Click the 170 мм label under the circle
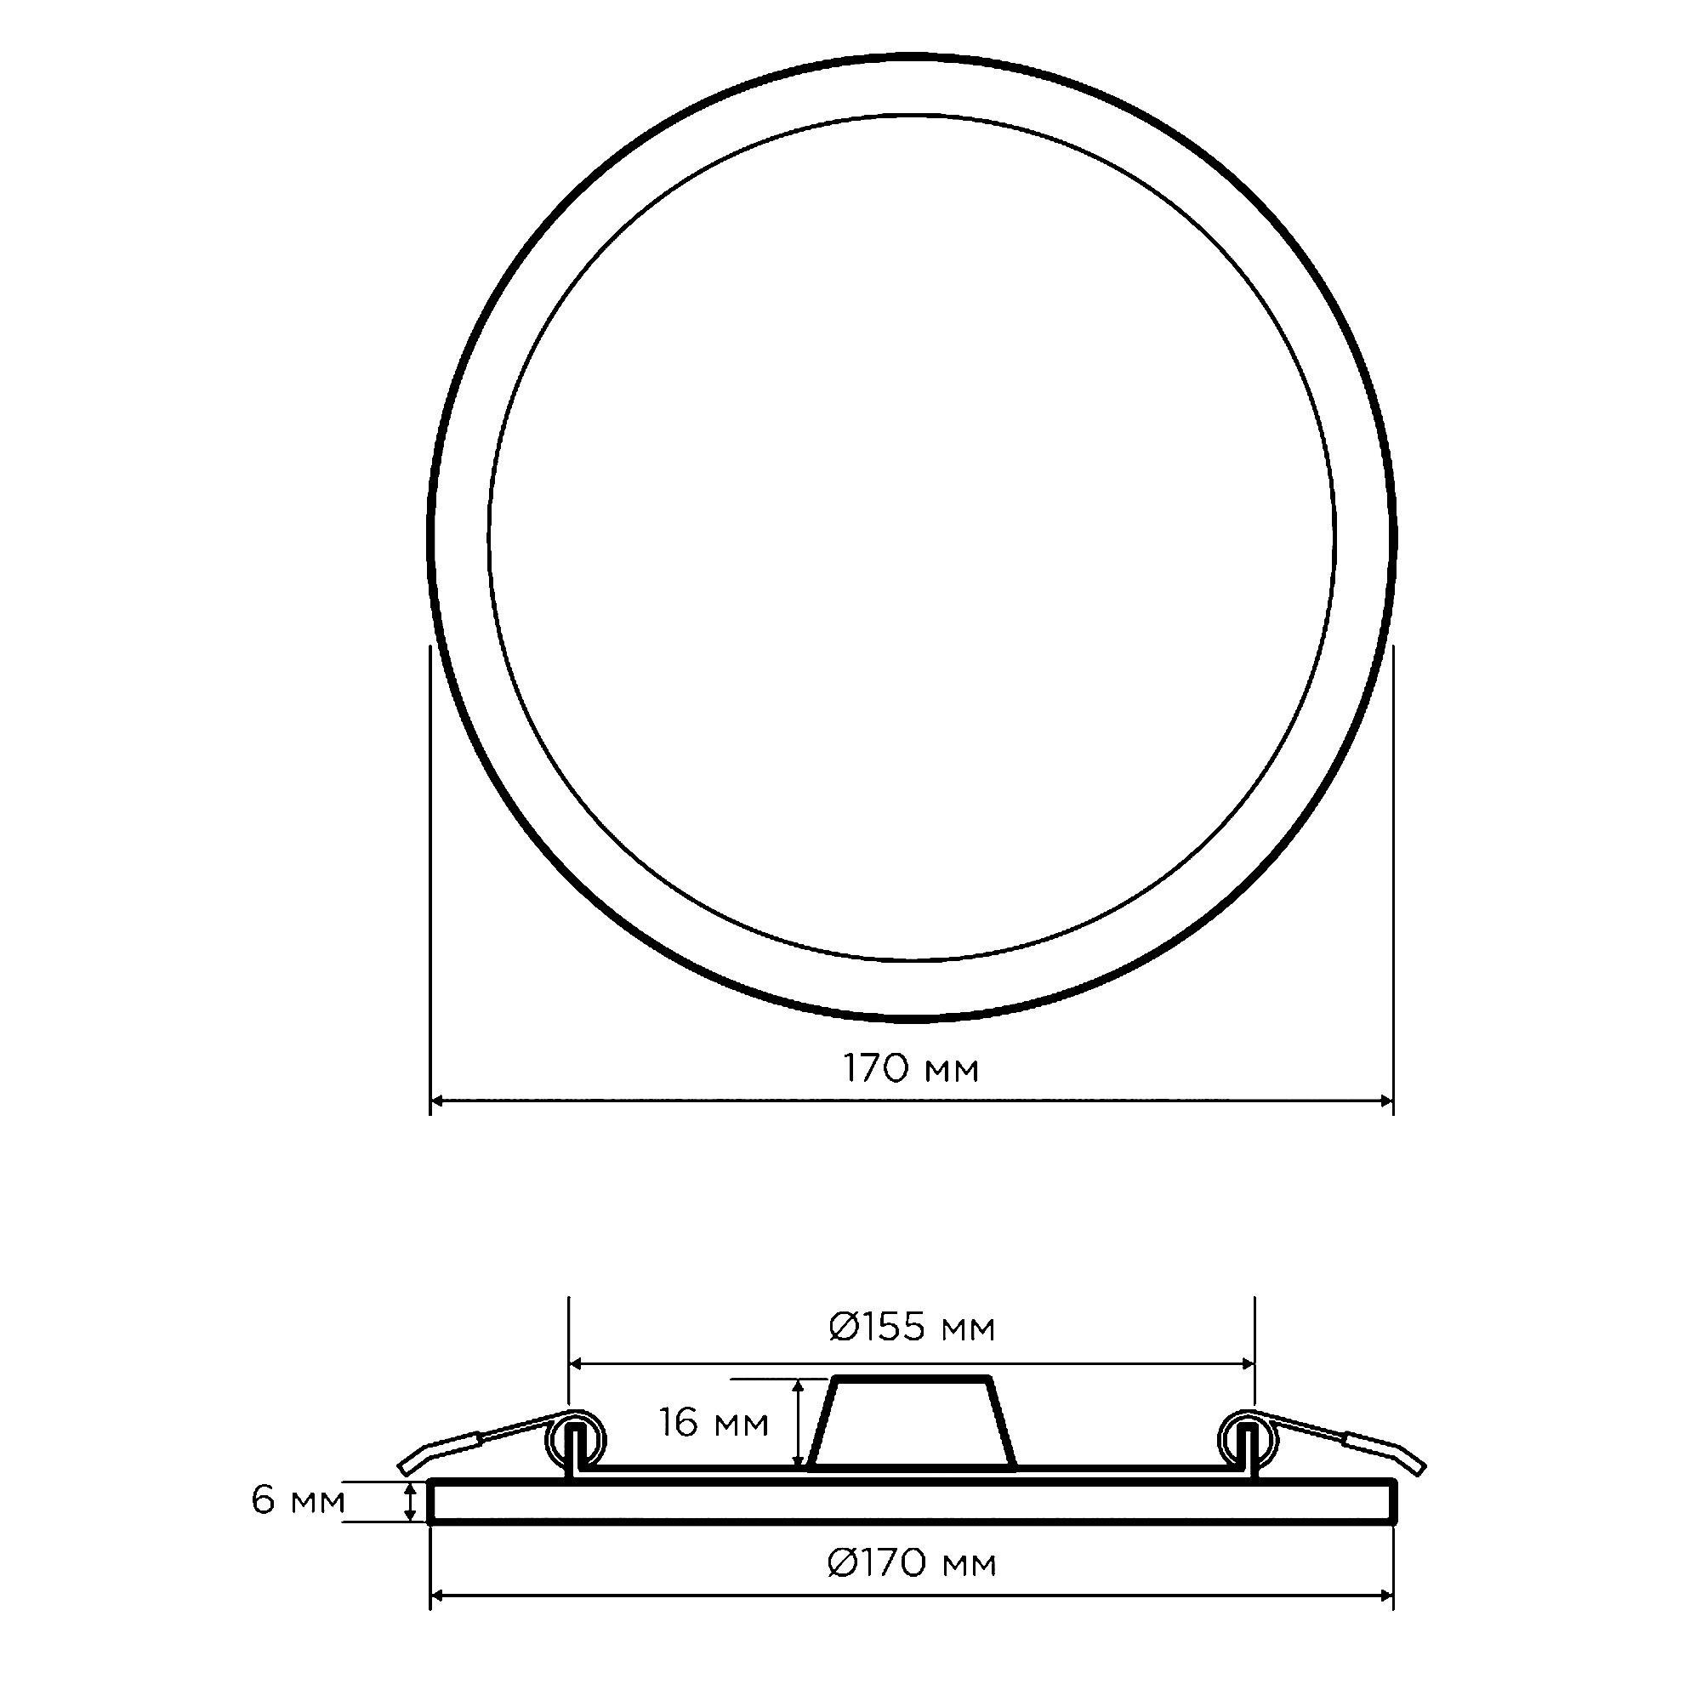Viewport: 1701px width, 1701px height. click(911, 1069)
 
